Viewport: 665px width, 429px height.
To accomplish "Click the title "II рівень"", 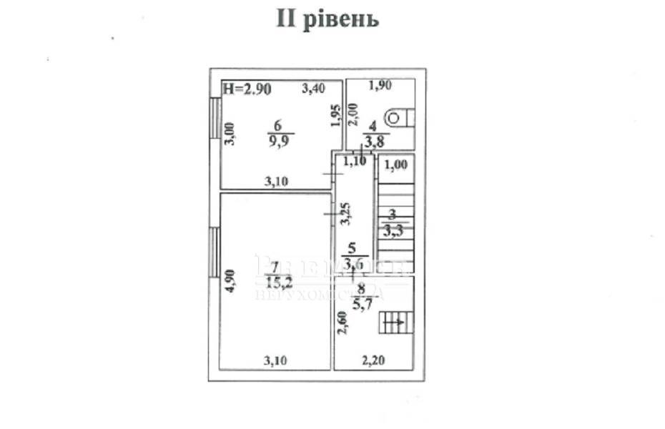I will [327, 19].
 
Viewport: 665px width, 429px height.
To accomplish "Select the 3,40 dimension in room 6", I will [312, 89].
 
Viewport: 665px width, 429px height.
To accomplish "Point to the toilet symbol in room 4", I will [395, 115].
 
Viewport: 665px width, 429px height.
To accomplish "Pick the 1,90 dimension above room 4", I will [380, 87].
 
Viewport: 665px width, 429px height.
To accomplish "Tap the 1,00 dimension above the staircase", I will [395, 165].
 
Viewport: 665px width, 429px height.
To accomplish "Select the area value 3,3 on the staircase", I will [392, 230].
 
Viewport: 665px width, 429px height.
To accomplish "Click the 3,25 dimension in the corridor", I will [345, 214].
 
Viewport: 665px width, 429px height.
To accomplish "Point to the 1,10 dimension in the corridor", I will [355, 162].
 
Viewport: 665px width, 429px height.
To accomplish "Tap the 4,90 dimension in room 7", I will [229, 280].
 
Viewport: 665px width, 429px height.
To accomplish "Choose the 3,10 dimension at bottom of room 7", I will [275, 361].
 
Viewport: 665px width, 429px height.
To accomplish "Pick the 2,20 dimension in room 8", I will [373, 361].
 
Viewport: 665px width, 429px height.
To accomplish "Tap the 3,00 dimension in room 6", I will [230, 133].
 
